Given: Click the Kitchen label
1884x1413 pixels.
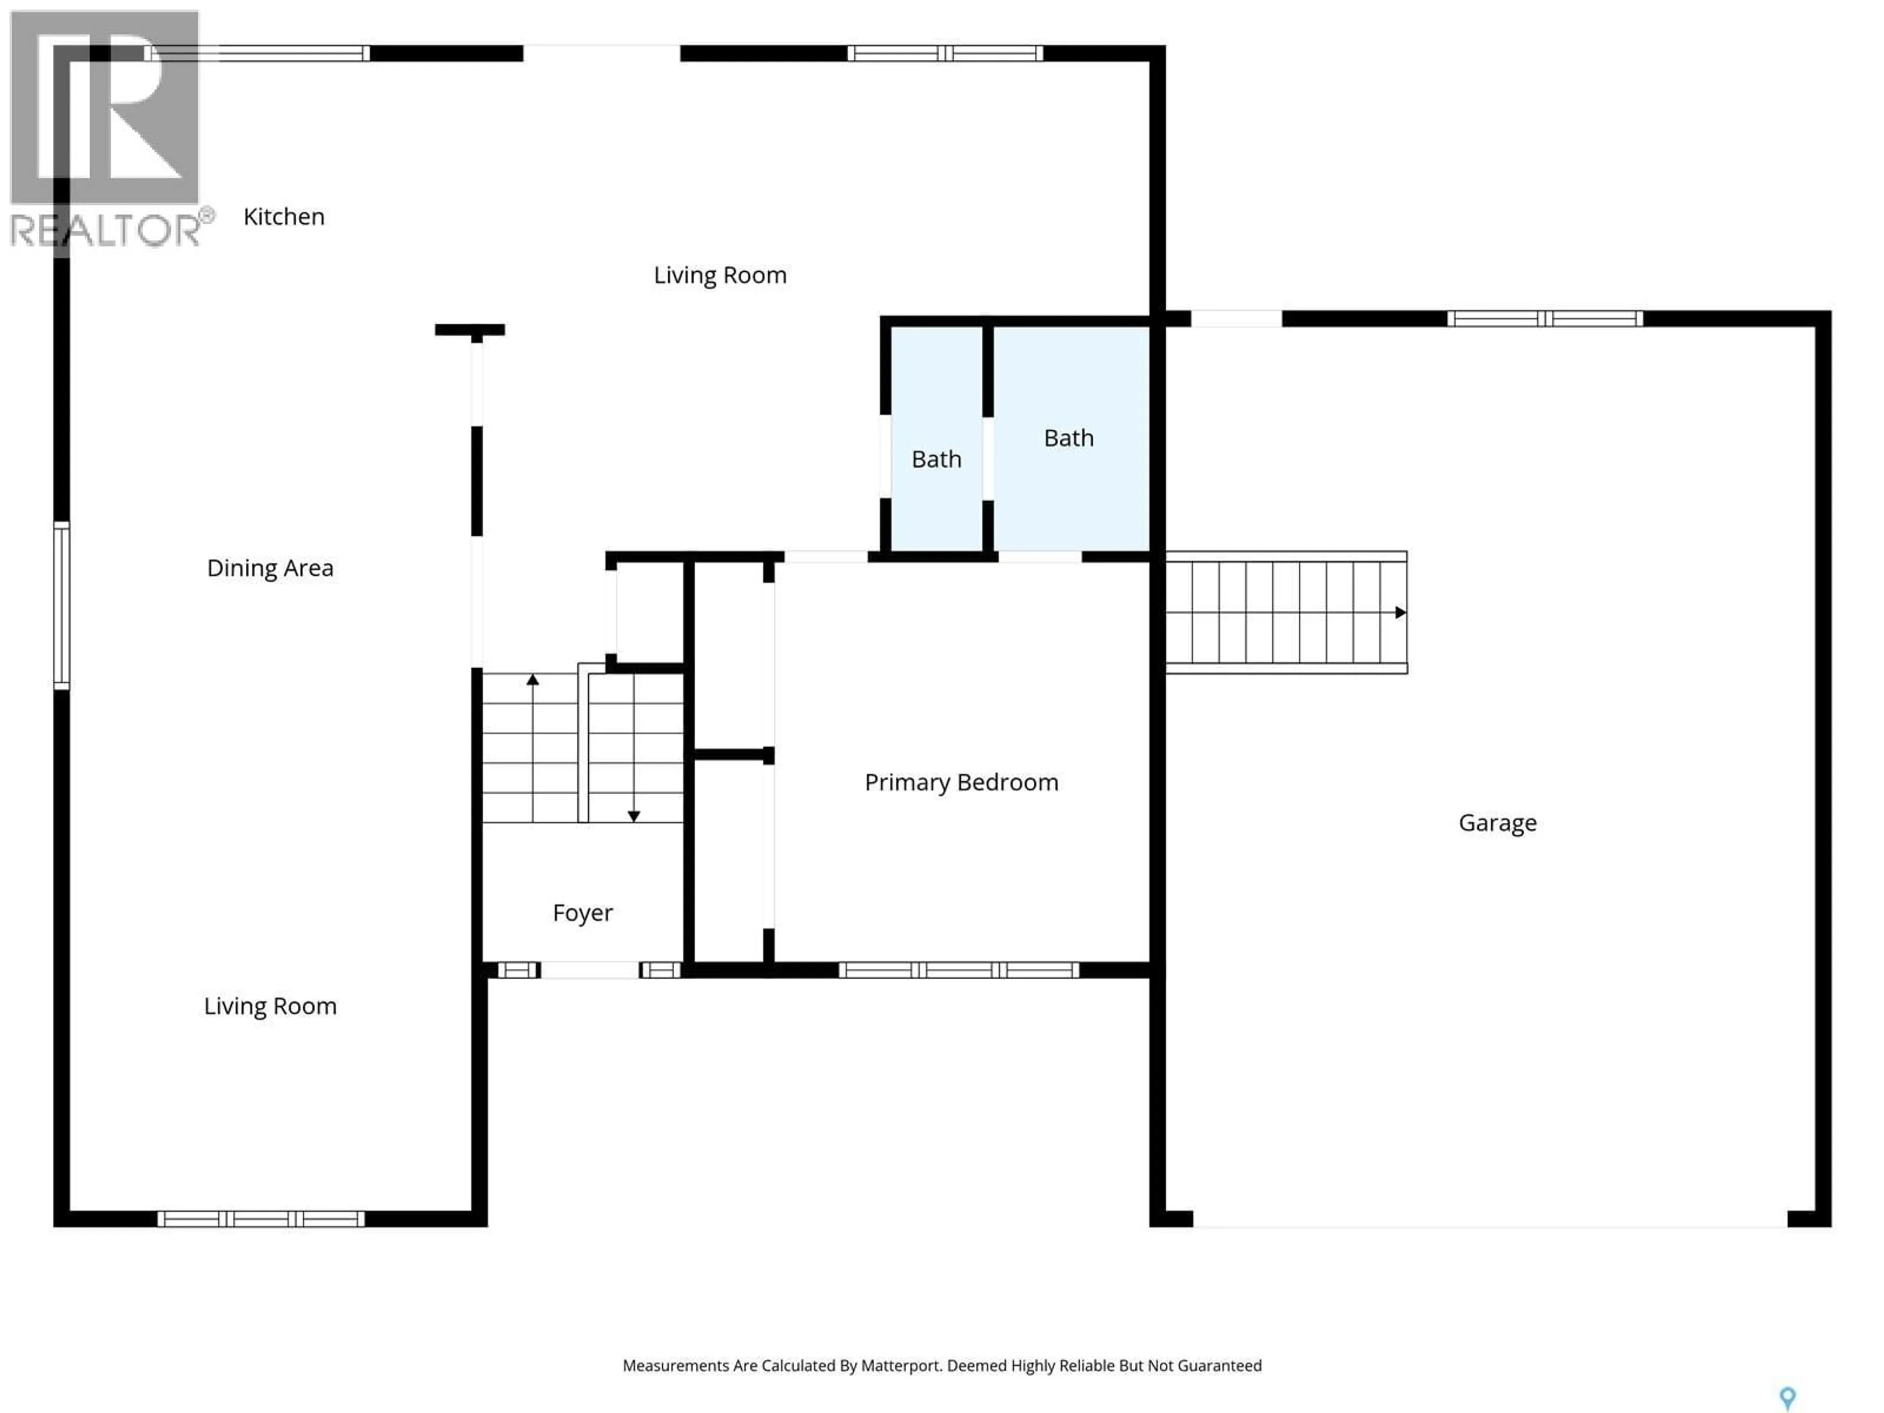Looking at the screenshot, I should pos(284,217).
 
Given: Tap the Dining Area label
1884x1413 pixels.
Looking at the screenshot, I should pos(270,568).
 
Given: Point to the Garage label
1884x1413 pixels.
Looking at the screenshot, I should pos(1497,823).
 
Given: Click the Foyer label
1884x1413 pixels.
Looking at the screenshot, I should pos(582,913).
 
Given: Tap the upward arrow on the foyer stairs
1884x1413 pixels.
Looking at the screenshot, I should pos(532,680).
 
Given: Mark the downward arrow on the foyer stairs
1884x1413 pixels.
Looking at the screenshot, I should pos(634,816).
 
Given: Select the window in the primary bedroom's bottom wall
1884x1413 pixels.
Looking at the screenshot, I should pos(959,970).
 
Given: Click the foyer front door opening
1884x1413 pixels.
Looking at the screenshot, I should pos(589,970).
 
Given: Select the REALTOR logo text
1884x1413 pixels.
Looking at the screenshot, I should pos(106,230).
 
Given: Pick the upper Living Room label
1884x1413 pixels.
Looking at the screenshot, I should pos(720,275).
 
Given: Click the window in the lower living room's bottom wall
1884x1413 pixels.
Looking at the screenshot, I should pos(262,1219).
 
